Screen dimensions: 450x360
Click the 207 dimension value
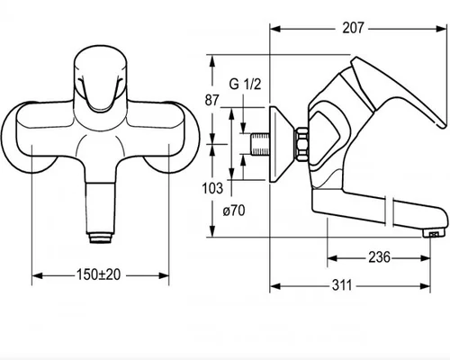tap(353, 28)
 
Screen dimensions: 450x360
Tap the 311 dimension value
tap(342, 285)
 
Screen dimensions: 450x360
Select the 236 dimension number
tap(379, 257)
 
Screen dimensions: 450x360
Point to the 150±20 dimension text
tap(99, 274)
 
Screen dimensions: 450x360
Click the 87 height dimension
tap(212, 100)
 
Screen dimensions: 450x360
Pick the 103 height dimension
tap(212, 188)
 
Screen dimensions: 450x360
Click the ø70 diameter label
tap(234, 211)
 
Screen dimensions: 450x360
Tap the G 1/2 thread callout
tap(245, 84)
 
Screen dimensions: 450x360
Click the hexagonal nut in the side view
tap(301, 145)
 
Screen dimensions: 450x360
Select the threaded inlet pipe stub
tap(260, 144)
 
